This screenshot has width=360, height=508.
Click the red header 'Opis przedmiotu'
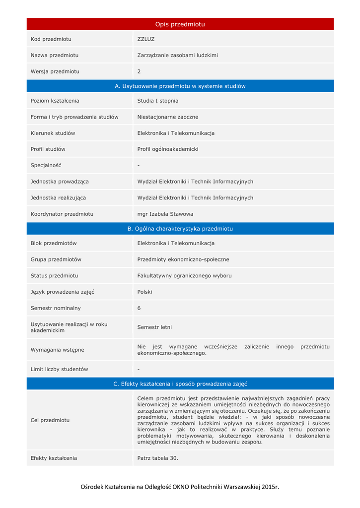click(180, 24)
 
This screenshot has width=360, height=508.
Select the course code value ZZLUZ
click(146, 39)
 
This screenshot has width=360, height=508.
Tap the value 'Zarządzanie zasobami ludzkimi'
click(177, 56)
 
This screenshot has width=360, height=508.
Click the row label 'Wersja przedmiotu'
click(55, 71)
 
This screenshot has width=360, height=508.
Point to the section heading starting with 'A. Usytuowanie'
click(180, 86)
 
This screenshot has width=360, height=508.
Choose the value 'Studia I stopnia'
click(158, 101)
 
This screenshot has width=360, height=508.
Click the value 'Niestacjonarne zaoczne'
click(168, 117)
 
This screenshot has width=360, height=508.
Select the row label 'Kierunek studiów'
click(53, 133)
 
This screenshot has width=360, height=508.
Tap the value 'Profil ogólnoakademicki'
click(168, 149)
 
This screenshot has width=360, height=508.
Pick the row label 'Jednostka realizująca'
click(58, 197)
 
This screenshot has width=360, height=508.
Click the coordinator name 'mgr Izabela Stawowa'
click(165, 214)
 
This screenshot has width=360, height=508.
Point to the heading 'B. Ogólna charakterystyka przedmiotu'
click(180, 229)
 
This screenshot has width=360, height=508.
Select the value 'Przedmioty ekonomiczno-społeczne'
click(183, 259)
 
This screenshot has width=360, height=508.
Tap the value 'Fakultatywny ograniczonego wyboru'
click(184, 276)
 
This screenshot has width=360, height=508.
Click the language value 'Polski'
click(144, 292)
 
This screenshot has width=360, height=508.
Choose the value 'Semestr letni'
click(154, 327)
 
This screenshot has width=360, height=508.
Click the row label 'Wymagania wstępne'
click(58, 350)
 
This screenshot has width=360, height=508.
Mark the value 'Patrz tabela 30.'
click(157, 458)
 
